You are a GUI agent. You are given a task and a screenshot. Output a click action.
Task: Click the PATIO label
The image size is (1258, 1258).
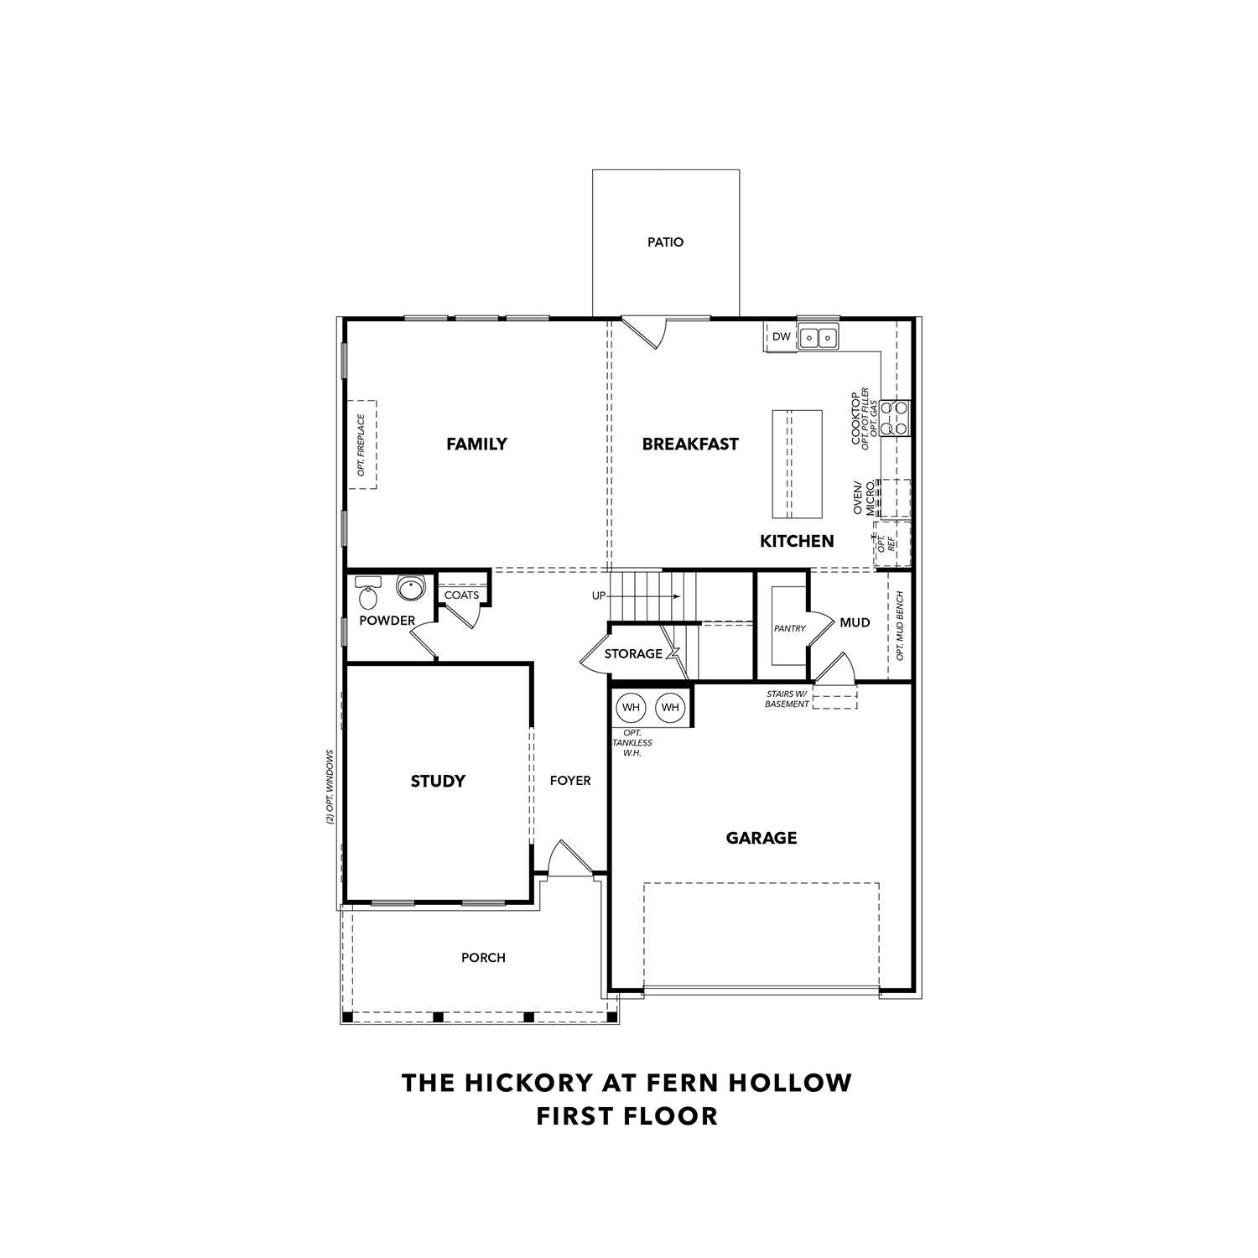(665, 242)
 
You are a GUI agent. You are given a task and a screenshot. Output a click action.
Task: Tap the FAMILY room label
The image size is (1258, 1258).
(476, 444)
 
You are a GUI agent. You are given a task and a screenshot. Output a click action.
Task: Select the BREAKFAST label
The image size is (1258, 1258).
(690, 444)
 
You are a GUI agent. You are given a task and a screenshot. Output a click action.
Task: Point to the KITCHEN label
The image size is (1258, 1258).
(797, 542)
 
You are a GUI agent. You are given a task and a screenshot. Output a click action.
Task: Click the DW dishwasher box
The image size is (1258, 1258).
(781, 337)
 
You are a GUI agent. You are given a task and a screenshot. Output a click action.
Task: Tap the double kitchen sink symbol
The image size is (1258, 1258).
(818, 338)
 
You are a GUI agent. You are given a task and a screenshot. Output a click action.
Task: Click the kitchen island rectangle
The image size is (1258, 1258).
(797, 464)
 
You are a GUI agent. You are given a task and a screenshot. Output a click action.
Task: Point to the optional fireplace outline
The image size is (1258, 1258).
(362, 444)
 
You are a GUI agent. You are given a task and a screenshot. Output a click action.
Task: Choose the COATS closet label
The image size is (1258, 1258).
(461, 595)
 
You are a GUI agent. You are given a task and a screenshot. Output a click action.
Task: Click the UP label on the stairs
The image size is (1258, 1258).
(599, 596)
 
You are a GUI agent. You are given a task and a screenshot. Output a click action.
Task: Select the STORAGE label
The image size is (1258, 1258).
(633, 654)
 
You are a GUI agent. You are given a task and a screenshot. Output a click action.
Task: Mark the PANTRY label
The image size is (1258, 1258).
(789, 628)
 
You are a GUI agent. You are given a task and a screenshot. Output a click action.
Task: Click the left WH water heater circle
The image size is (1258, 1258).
(631, 708)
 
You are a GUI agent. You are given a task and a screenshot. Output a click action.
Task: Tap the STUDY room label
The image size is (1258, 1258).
(438, 782)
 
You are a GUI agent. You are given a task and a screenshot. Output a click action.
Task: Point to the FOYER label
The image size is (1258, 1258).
(570, 781)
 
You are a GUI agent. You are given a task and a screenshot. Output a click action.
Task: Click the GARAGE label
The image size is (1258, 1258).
(762, 838)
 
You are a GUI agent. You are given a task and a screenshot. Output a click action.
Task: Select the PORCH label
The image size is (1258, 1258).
(483, 958)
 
